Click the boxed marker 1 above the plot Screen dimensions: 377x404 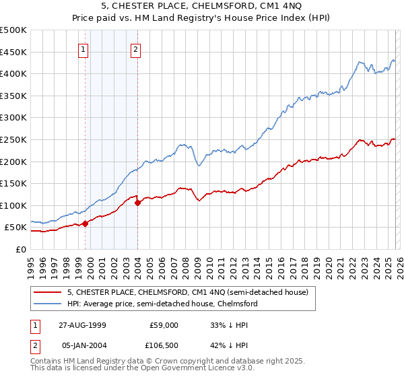83,49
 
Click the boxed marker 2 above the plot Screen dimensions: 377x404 135,49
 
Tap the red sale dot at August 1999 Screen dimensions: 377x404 86,224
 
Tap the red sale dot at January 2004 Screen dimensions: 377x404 137,202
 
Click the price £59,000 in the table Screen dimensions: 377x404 164,325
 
